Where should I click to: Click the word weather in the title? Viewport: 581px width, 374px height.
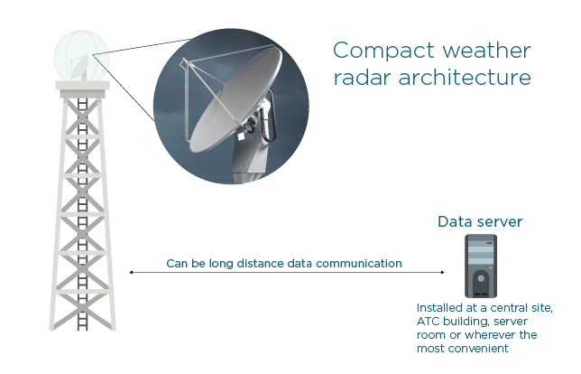pyautogui.click(x=480, y=50)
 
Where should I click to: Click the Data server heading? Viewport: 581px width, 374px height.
pyautogui.click(x=479, y=221)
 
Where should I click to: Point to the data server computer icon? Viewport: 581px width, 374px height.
pyautogui.click(x=480, y=266)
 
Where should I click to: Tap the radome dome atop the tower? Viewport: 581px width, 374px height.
pyautogui.click(x=80, y=56)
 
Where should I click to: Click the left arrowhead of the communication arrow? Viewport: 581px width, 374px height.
pyautogui.click(x=133, y=272)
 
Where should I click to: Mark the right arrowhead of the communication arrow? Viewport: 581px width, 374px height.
pyautogui.click(x=443, y=272)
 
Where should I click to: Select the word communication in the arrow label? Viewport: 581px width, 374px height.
pyautogui.click(x=364, y=264)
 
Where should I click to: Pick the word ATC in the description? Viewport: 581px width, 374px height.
pyautogui.click(x=428, y=322)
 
